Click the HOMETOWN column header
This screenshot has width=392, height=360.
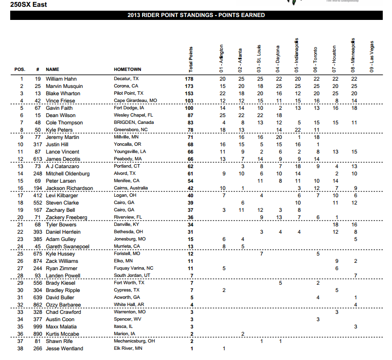pyautogui.click(x=127, y=69)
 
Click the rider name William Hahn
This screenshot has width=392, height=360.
pyautogui.click(x=61, y=78)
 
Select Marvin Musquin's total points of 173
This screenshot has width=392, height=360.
pyautogui.click(x=190, y=86)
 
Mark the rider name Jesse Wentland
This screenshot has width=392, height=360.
pyautogui.click(x=64, y=348)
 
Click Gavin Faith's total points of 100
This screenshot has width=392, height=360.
pyautogui.click(x=190, y=108)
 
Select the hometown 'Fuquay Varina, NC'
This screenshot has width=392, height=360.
pyautogui.click(x=133, y=268)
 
